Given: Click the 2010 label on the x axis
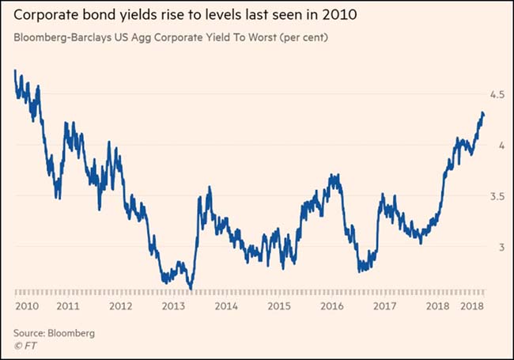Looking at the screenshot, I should (28, 305).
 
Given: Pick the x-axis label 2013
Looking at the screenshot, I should (172, 305).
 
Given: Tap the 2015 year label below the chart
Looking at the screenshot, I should (278, 305).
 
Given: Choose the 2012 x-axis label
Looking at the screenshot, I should (120, 305).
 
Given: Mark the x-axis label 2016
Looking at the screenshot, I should (332, 305).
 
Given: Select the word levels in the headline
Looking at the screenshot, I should (202, 15).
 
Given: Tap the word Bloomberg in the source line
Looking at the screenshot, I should (72, 333).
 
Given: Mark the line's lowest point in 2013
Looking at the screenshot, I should (191, 288).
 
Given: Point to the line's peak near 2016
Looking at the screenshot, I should (335, 176).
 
